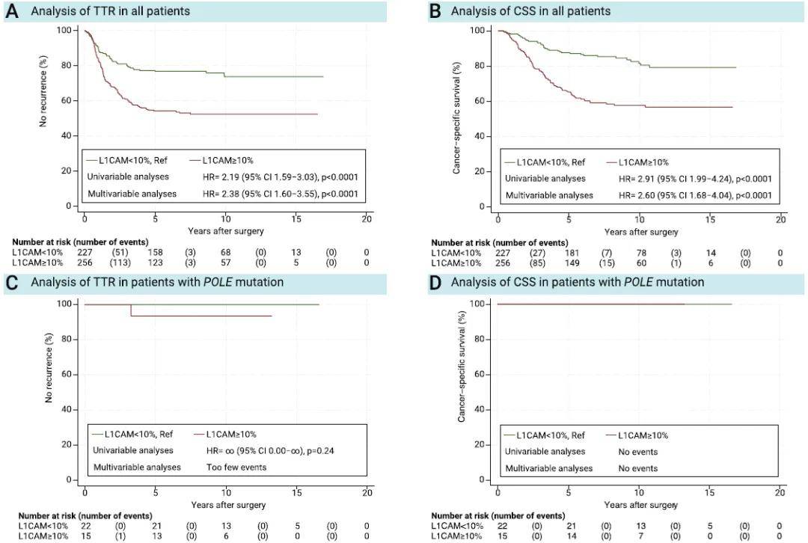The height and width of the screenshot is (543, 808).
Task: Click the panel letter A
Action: coord(11,11)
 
